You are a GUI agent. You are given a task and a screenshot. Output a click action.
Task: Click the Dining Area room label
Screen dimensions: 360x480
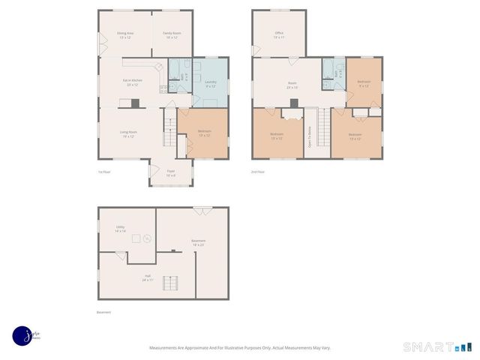[125, 35]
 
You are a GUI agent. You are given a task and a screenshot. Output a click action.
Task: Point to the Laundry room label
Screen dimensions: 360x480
[210, 84]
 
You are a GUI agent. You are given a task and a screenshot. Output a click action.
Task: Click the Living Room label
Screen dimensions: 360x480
[128, 134]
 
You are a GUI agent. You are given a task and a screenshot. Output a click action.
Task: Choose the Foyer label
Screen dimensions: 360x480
[171, 173]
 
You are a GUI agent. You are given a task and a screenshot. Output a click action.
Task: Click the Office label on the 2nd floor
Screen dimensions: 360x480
[279, 35]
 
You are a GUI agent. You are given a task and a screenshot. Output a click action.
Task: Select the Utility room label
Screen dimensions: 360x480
[120, 229]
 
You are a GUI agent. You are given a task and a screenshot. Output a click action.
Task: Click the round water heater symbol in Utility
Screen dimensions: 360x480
[148, 239]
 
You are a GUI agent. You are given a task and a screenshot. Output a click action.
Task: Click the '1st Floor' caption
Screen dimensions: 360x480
[104, 172]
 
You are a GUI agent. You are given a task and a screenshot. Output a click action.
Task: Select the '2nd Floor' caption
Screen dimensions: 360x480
[258, 172]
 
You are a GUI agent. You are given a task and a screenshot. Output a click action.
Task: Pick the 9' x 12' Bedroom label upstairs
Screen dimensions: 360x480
[364, 83]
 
